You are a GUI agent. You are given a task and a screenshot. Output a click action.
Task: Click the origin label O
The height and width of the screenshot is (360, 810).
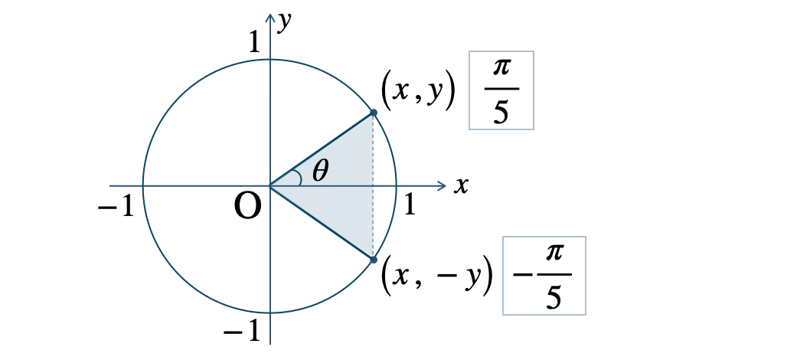click(247, 208)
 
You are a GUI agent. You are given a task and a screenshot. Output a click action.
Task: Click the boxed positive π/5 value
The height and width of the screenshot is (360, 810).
click(501, 90)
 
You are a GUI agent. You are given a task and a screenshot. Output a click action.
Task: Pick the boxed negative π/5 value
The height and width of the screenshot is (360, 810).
click(544, 275)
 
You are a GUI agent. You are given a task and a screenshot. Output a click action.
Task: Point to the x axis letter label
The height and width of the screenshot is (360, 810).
click(461, 185)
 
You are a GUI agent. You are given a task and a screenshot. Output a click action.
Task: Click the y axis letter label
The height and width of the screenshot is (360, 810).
click(283, 23)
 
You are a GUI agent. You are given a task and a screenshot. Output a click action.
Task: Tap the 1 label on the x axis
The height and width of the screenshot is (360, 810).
click(410, 205)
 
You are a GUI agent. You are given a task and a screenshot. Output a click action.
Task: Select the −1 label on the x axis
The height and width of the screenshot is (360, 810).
click(116, 208)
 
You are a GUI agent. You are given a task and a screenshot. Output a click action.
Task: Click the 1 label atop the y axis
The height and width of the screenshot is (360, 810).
click(254, 42)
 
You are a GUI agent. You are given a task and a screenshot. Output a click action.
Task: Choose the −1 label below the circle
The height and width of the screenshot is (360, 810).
click(242, 332)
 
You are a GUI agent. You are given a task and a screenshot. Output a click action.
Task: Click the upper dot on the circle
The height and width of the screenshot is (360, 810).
click(374, 113)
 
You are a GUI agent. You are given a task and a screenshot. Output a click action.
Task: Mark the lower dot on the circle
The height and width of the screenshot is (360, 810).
click(374, 260)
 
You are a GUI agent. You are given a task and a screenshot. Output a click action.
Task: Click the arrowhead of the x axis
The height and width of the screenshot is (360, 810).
click(441, 185)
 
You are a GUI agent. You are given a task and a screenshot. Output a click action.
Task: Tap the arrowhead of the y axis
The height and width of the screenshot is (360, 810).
click(270, 18)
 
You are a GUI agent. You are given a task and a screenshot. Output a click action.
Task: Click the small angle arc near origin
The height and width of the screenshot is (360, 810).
click(299, 177)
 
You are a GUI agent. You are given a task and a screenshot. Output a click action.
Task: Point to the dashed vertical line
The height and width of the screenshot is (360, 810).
click(374, 186)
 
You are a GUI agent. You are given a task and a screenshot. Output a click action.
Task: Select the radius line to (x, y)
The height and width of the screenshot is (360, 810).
click(322, 149)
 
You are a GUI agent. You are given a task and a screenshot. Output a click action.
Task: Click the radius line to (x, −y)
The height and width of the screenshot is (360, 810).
click(322, 223)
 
